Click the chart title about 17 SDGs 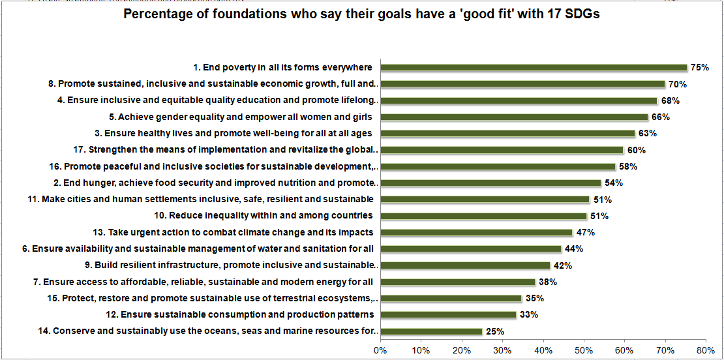[362, 14]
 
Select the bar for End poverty [534, 68]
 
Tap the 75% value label [700, 68]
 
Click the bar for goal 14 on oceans [431, 331]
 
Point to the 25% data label [495, 331]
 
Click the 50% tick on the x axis [584, 350]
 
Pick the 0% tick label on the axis [380, 350]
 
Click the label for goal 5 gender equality [241, 117]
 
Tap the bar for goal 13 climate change [476, 232]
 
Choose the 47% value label [585, 232]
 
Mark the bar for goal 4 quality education [519, 100]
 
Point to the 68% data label [671, 100]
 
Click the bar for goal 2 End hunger [490, 183]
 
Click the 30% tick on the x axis [502, 350]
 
